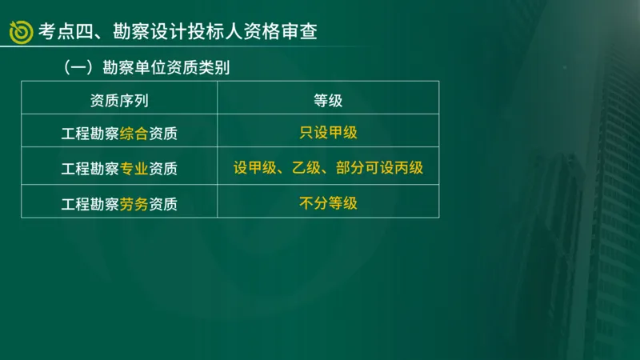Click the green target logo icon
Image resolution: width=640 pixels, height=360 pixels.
click(x=21, y=30)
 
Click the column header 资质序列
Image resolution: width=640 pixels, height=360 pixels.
click(x=119, y=100)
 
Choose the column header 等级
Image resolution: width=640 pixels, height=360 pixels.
click(x=328, y=100)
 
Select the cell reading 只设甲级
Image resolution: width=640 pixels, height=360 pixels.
click(x=328, y=133)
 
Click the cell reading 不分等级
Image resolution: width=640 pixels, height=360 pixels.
click(x=328, y=203)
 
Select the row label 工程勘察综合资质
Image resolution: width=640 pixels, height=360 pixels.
click(x=119, y=134)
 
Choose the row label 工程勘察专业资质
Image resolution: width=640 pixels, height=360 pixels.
click(x=119, y=169)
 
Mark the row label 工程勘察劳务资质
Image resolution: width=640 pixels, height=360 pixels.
click(x=119, y=204)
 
